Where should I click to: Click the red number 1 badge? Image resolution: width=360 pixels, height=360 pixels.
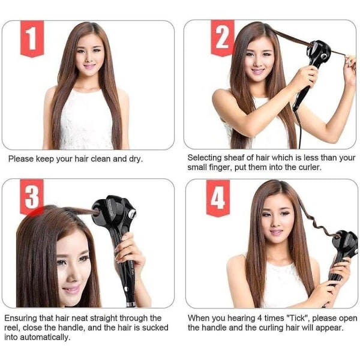tap(32, 38)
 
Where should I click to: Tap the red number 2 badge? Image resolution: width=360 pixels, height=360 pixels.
tap(223, 38)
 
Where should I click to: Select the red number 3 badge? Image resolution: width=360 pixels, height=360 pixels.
tap(32, 197)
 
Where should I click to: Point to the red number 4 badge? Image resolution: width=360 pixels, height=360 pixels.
tap(218, 198)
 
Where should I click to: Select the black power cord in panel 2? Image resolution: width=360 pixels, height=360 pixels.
tap(298, 128)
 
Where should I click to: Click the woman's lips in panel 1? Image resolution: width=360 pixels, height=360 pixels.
tap(90, 66)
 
